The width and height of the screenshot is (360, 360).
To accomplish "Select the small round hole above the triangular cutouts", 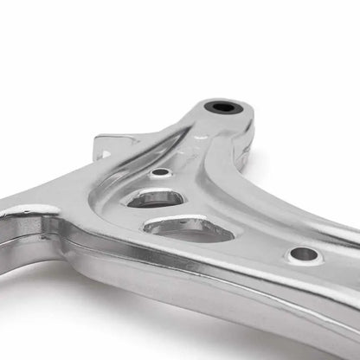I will [x=160, y=173].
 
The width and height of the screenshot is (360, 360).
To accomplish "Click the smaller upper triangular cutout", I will [x=155, y=197].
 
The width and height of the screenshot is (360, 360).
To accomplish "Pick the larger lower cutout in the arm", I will [x=186, y=228].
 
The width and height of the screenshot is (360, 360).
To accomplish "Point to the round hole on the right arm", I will [x=304, y=254].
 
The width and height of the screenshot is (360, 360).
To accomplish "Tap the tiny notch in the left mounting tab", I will [x=105, y=153].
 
